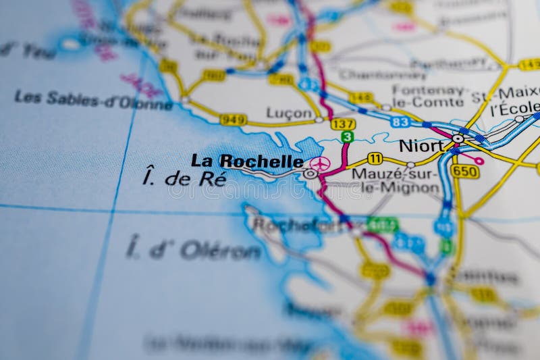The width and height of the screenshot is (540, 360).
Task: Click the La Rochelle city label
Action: [x=246, y=161]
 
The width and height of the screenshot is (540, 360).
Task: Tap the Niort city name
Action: [x=421, y=145]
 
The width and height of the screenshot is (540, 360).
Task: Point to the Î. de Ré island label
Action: [x=176, y=178]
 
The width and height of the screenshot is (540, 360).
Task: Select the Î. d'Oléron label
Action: [x=194, y=249]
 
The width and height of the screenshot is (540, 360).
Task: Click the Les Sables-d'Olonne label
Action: [x=93, y=100]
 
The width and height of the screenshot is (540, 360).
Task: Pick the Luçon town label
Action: [x=289, y=113]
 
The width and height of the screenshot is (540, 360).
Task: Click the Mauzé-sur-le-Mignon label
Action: [x=396, y=180]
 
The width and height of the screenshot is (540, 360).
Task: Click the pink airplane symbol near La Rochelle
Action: [x=320, y=163]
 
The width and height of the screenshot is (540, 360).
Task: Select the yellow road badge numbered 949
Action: [x=233, y=120]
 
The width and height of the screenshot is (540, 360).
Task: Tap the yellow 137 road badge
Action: [x=343, y=124]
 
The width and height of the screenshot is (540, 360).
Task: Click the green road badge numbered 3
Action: [x=347, y=136]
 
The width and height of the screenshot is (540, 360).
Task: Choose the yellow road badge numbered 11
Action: [x=375, y=159]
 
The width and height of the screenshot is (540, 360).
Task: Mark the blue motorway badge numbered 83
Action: [x=400, y=122]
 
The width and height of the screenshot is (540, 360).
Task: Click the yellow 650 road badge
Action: [x=464, y=172]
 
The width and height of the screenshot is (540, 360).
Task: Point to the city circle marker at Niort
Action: [x=458, y=138]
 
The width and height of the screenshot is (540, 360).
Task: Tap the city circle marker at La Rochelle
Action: [x=310, y=174]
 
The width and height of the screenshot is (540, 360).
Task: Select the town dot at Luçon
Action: [x=319, y=120]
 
